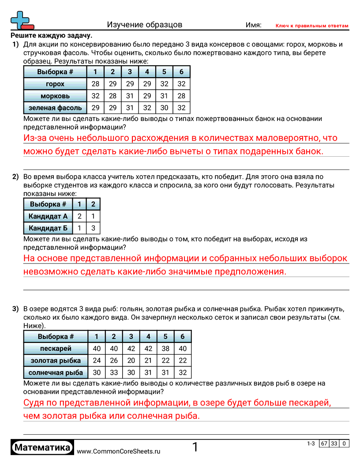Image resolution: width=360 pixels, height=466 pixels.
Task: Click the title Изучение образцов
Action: (144, 25)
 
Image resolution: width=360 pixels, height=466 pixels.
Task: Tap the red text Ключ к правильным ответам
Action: (312, 26)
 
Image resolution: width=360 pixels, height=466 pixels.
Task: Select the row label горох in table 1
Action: (55, 84)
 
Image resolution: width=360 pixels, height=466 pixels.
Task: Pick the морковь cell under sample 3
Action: (129, 96)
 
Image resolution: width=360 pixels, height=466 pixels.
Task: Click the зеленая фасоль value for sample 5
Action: (164, 108)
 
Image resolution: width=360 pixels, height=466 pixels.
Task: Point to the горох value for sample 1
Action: (95, 84)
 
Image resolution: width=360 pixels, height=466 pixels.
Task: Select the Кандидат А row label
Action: (48, 216)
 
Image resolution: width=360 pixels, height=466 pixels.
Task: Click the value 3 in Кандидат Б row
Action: (93, 228)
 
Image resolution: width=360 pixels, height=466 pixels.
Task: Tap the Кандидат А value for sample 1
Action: (79, 216)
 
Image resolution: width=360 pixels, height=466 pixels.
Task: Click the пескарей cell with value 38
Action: (165, 349)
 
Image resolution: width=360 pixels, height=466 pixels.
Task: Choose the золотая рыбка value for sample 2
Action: (114, 361)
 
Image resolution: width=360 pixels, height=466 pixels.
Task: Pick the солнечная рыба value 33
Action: (114, 372)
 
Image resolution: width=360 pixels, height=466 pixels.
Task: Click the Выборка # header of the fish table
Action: (56, 337)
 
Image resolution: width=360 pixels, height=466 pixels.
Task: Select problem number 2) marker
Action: (15, 177)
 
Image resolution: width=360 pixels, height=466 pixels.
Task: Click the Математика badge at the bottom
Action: (43, 448)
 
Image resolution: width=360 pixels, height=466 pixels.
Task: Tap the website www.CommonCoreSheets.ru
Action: (118, 451)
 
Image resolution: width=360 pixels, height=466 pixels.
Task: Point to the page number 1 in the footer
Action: (195, 447)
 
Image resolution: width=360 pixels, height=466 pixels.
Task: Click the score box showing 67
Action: (324, 443)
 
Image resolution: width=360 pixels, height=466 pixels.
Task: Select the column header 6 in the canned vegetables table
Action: (181, 72)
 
